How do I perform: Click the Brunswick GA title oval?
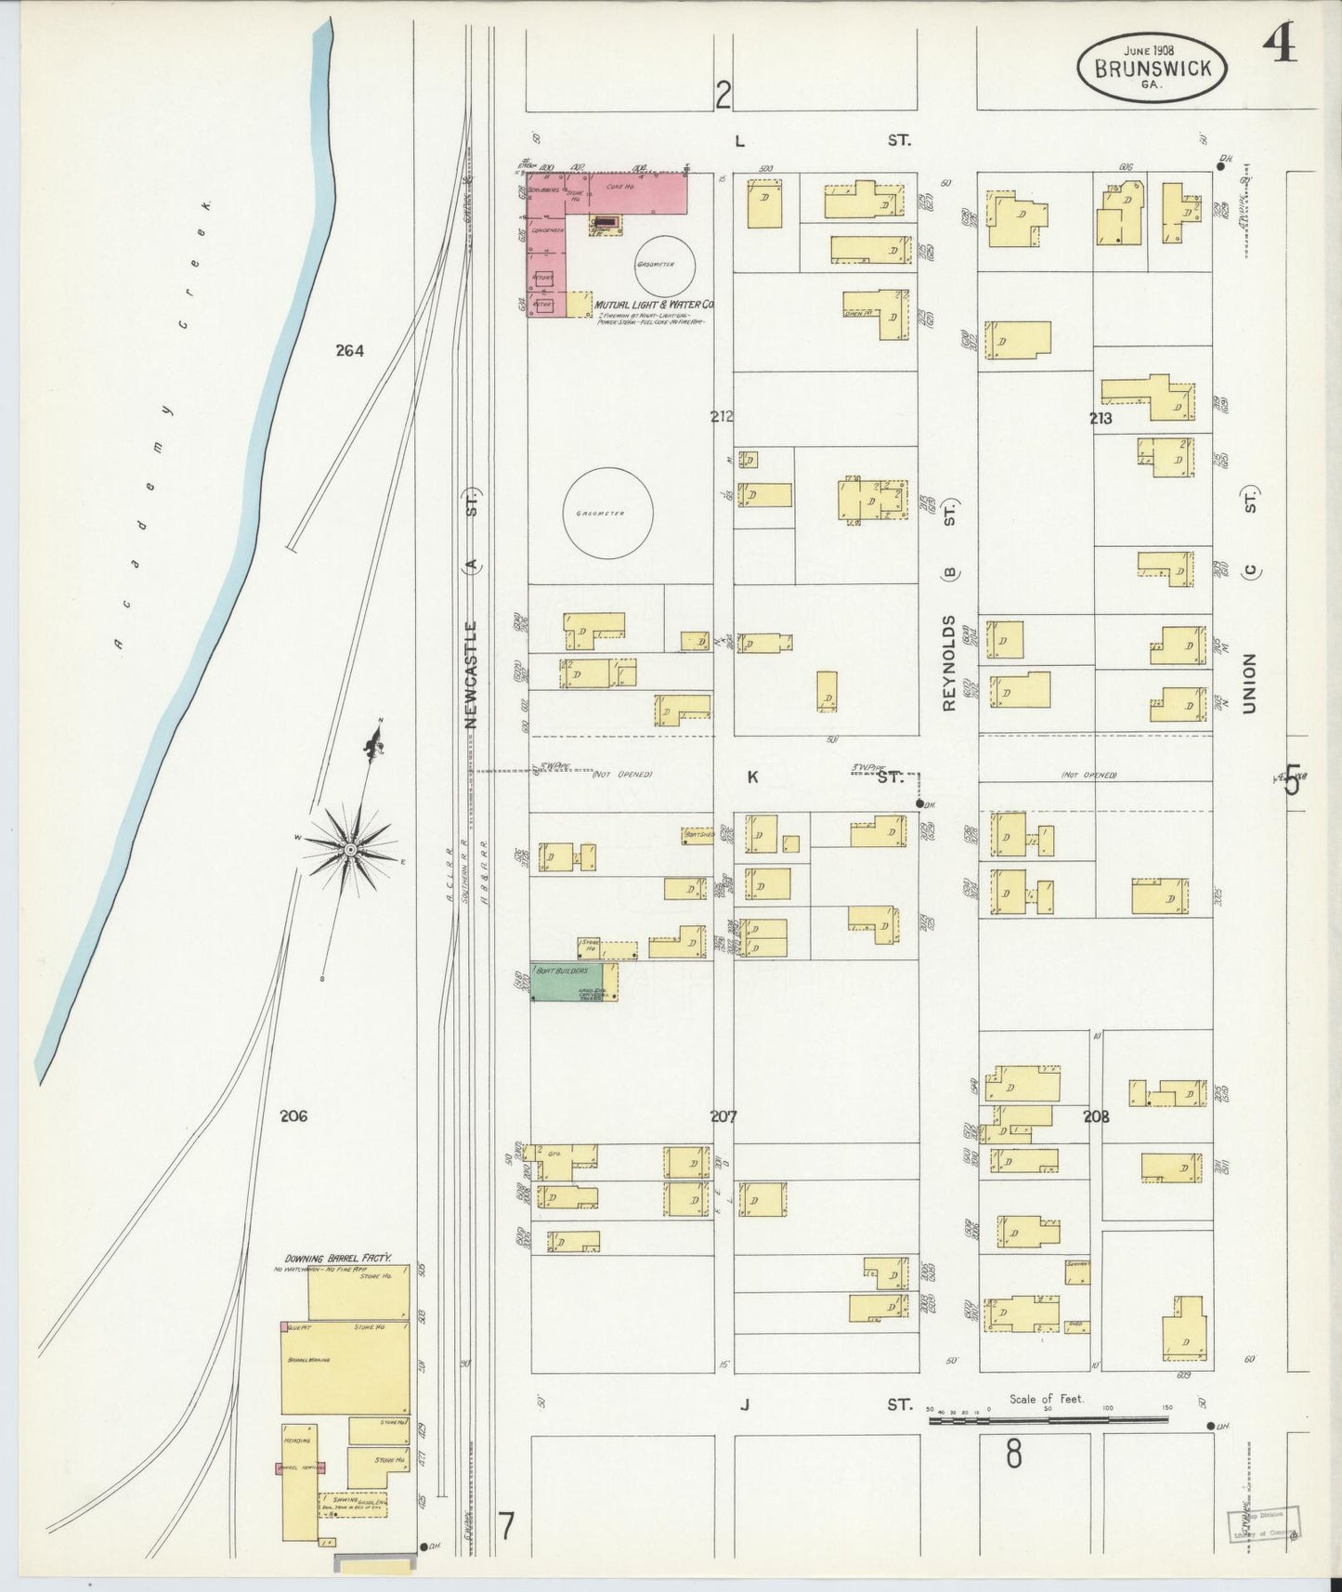(1152, 68)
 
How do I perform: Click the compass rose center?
(351, 849)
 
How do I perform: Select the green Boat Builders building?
(567, 982)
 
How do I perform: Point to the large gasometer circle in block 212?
(608, 513)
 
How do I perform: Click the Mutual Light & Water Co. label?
(654, 304)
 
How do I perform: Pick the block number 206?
(293, 1116)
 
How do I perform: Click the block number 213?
(1101, 419)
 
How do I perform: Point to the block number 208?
(1096, 1117)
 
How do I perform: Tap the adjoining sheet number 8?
(1013, 1454)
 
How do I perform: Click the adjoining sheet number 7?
(506, 1526)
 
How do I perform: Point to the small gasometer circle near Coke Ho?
(664, 264)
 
